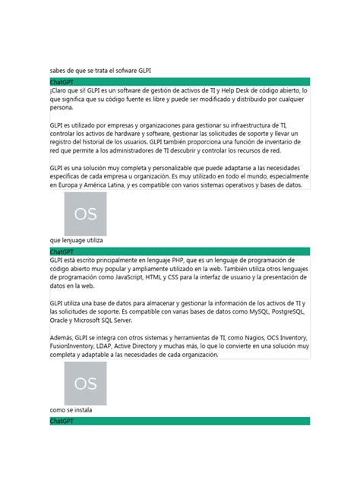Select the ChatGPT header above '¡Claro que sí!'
coord(61,81)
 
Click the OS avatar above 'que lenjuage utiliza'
coord(85,214)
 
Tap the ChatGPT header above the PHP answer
coord(61,251)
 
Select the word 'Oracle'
coord(61,320)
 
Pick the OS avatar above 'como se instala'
coord(85,383)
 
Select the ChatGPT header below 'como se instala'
coord(61,420)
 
